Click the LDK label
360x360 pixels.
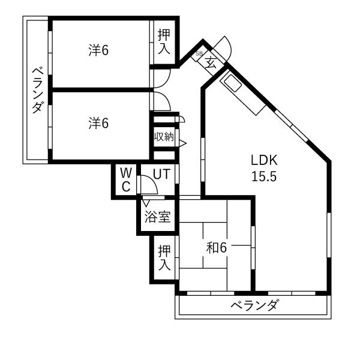coord(264,160)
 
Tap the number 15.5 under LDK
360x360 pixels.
coord(264,176)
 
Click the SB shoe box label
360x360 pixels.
coord(199,54)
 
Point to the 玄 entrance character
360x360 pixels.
coord(211,63)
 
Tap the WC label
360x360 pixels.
coord(126,179)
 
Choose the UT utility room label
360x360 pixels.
coord(161,174)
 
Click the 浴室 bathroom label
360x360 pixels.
coord(157,217)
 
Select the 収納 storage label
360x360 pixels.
coord(164,137)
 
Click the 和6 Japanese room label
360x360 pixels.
coord(217,248)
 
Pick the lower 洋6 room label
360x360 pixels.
coord(98,123)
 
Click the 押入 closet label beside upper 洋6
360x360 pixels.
coord(164,42)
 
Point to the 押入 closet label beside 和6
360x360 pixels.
coord(164,257)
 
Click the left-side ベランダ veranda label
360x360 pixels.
coord(38,90)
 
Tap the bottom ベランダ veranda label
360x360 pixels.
coord(255,305)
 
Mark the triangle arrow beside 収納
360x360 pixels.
coord(182,143)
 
